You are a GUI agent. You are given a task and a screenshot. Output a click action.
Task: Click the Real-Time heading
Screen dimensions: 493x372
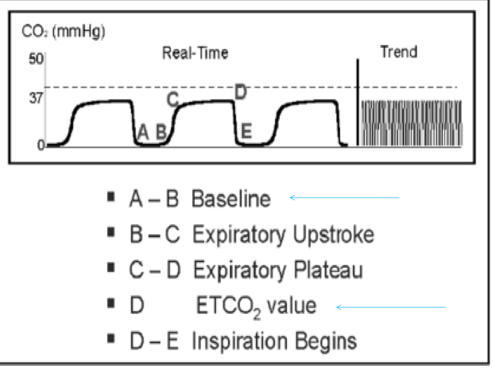(195, 53)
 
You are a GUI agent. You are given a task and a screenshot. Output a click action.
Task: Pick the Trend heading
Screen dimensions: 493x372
(398, 51)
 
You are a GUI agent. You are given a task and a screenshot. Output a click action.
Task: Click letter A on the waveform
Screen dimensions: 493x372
(143, 131)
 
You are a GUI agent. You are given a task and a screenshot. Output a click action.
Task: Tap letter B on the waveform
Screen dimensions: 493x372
(160, 131)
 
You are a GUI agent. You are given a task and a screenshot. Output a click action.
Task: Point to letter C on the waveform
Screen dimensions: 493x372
(172, 99)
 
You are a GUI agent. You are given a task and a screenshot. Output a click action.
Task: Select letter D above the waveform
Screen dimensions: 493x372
(240, 92)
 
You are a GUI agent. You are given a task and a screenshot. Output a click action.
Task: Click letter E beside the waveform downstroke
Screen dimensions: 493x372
(245, 131)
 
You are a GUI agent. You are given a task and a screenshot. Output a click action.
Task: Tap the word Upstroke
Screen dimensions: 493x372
(331, 235)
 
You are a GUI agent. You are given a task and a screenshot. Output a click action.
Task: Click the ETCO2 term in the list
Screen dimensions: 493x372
(218, 307)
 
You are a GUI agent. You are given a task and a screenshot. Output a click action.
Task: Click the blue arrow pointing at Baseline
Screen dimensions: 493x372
(344, 199)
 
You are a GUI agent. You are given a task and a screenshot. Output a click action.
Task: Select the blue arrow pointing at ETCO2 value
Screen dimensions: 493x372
(391, 307)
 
